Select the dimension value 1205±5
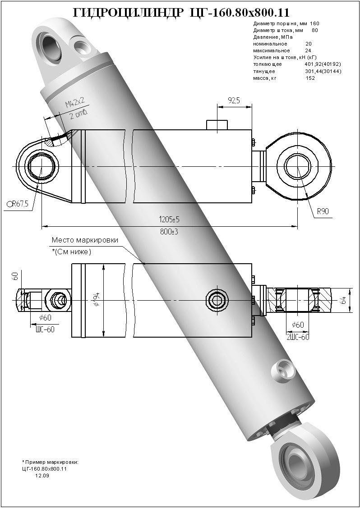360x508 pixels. click(x=170, y=220)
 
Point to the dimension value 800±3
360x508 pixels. click(x=170, y=231)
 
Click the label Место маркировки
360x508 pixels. click(x=85, y=240)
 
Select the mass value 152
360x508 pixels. click(x=310, y=78)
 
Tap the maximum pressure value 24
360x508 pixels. click(x=309, y=50)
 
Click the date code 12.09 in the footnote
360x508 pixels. click(x=42, y=475)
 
